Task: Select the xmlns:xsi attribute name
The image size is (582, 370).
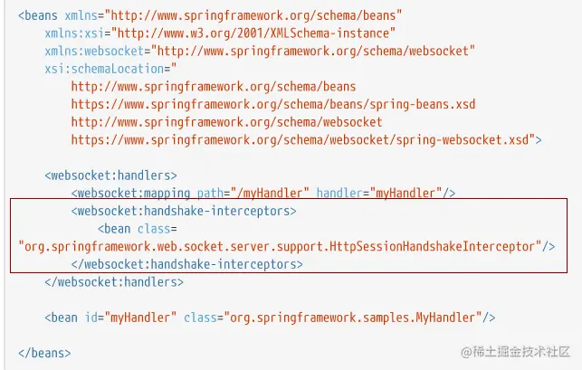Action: (x=72, y=33)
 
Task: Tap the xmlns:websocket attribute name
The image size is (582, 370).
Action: (x=90, y=51)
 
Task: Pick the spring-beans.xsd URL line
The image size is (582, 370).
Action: (x=272, y=104)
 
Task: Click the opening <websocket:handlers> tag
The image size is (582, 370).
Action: (x=110, y=175)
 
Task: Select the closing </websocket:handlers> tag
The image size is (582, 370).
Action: (x=114, y=281)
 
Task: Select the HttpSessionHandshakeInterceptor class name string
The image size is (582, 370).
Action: (x=280, y=246)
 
